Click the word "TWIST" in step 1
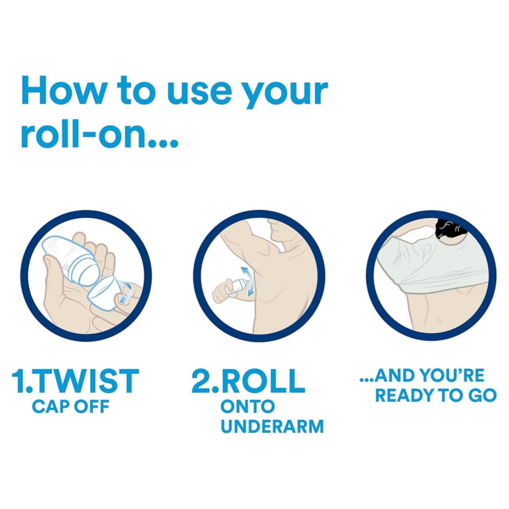[x=87, y=380]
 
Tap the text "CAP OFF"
[x=71, y=407]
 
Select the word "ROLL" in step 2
[x=263, y=380]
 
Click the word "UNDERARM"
[x=272, y=426]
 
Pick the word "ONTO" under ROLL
[x=248, y=407]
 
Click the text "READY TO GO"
[x=436, y=395]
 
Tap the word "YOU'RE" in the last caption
[x=452, y=375]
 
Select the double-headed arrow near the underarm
[x=248, y=281]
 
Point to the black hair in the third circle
[x=450, y=228]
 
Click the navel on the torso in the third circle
[x=440, y=319]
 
